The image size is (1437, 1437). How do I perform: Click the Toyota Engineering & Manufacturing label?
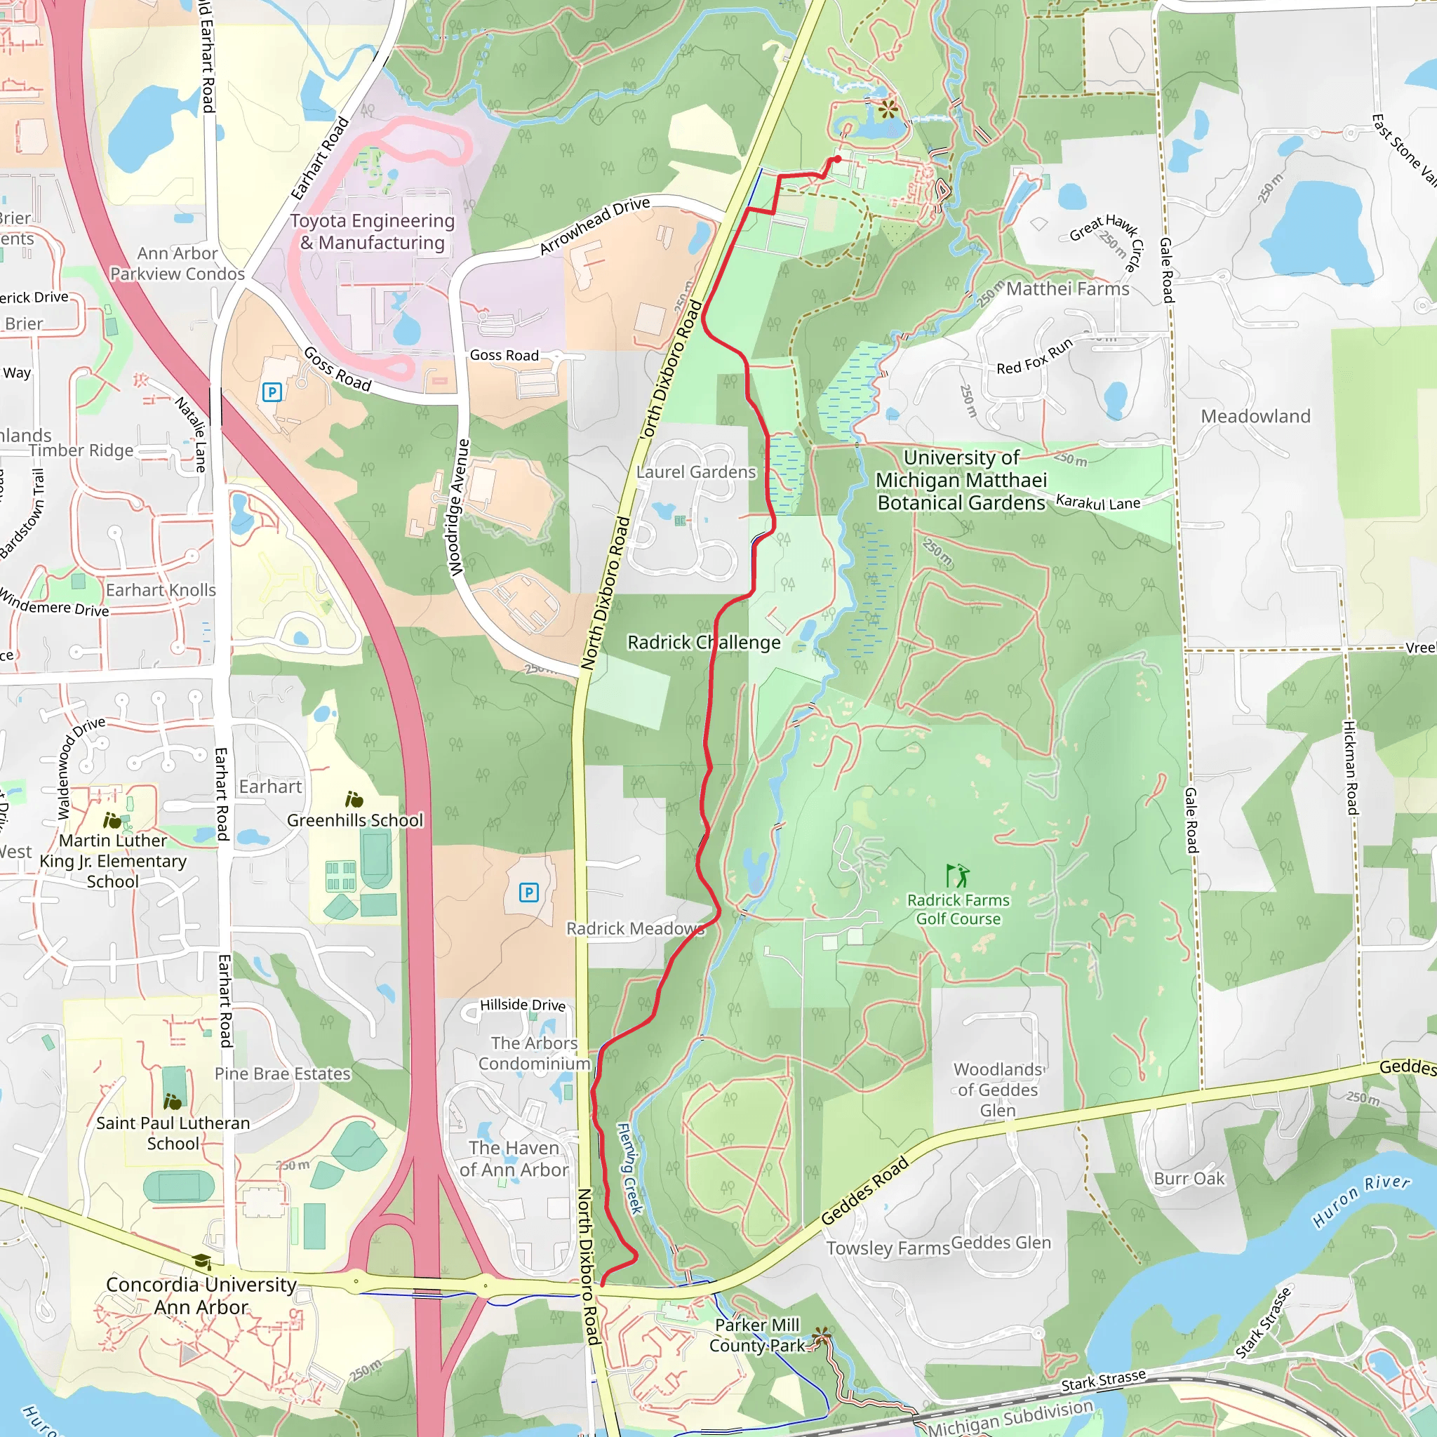(x=372, y=232)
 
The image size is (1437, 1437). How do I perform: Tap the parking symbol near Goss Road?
(x=272, y=392)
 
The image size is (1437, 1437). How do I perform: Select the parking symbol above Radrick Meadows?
(x=528, y=893)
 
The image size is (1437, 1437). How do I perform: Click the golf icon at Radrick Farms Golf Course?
(x=957, y=876)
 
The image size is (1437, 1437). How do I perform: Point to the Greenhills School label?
(x=355, y=820)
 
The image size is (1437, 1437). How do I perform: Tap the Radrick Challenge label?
(x=704, y=642)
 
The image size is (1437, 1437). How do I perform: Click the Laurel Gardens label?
(x=695, y=472)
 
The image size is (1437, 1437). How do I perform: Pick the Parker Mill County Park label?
(x=756, y=1335)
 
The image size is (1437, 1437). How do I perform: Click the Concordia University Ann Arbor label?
(x=201, y=1296)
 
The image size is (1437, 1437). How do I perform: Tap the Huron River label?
(x=1361, y=1201)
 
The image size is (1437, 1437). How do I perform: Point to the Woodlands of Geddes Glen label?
(x=998, y=1090)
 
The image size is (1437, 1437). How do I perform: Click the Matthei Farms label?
(x=1067, y=288)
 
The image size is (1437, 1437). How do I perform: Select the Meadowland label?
(x=1255, y=416)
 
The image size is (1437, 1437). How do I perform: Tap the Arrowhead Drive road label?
(x=594, y=225)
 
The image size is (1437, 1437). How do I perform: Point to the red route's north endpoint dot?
(x=838, y=159)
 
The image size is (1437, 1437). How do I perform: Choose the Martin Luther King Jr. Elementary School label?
(x=113, y=860)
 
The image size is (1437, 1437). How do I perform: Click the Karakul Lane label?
(x=1098, y=502)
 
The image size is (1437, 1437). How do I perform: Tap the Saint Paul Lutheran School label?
(x=173, y=1132)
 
